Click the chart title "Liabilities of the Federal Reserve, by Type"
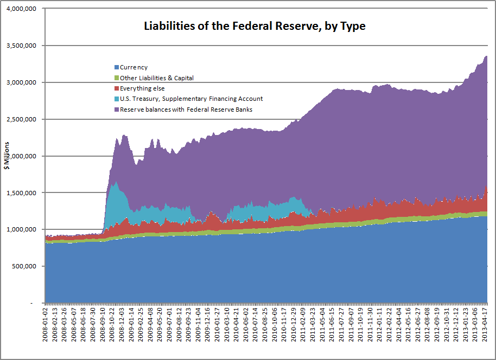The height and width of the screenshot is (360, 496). tap(255, 26)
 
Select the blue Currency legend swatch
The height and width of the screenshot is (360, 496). tap(117, 67)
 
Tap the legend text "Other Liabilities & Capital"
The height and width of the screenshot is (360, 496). tap(157, 78)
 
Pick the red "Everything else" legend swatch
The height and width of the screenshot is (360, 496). tap(117, 88)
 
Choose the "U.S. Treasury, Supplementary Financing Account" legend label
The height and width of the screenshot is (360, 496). tap(191, 99)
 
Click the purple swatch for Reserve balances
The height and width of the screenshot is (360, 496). tap(117, 110)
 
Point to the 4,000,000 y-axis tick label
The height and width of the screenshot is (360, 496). tap(22, 9)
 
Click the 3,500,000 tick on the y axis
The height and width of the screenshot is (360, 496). tap(22, 46)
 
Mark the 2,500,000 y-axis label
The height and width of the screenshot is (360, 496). tap(22, 119)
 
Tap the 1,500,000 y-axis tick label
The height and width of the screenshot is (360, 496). tap(22, 193)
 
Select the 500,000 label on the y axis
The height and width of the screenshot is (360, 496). tap(24, 266)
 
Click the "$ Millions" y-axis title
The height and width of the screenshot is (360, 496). tap(7, 156)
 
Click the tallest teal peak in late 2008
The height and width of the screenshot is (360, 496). tap(117, 182)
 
